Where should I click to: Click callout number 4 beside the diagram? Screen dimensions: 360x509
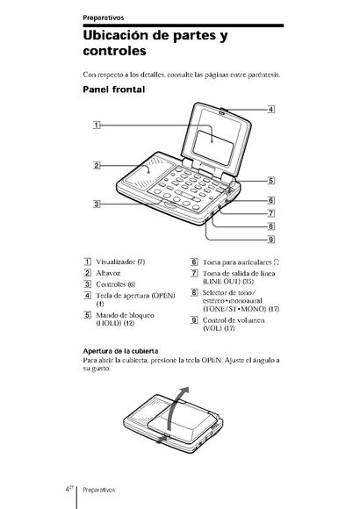pyautogui.click(x=271, y=110)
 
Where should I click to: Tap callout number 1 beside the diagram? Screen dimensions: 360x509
pyautogui.click(x=97, y=125)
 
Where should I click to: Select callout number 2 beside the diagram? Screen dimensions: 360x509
pyautogui.click(x=97, y=166)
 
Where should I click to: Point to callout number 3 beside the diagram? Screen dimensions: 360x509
pyautogui.click(x=97, y=204)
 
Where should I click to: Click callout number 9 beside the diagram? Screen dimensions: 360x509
pyautogui.click(x=271, y=240)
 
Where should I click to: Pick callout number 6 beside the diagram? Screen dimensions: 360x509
pyautogui.click(x=271, y=200)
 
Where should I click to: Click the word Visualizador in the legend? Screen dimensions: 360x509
pyautogui.click(x=115, y=262)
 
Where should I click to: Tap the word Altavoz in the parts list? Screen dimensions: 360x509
pyautogui.click(x=108, y=273)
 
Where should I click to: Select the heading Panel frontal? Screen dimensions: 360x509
pyautogui.click(x=114, y=90)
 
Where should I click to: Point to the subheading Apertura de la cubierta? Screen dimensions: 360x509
pyautogui.click(x=120, y=351)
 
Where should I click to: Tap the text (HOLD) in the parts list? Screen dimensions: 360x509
pyautogui.click(x=109, y=323)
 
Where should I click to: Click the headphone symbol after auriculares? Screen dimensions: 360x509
pyautogui.click(x=277, y=262)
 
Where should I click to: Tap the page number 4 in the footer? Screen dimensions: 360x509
pyautogui.click(x=67, y=490)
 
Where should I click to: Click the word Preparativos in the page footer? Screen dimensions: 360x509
pyautogui.click(x=98, y=490)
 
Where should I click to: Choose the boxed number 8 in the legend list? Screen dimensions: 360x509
pyautogui.click(x=194, y=292)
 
